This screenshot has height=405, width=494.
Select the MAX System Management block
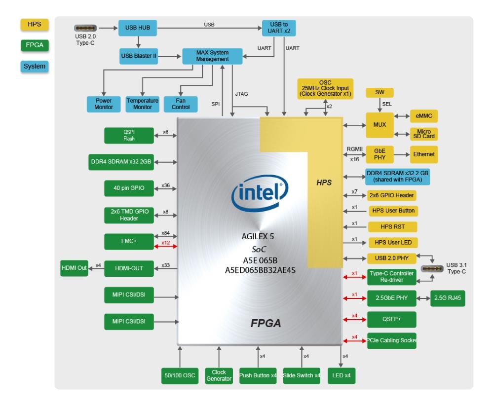(212, 56)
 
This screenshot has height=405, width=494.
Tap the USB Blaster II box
(139, 56)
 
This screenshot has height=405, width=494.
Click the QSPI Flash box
(129, 135)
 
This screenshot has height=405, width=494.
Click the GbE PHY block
(380, 154)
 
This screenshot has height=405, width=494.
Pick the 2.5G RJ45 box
(448, 298)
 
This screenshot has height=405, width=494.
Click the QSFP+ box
(392, 319)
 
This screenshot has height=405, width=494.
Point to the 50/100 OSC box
(179, 375)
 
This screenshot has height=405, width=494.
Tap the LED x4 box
(342, 375)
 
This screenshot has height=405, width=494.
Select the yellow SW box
(379, 93)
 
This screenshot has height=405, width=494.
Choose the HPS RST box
(392, 227)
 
